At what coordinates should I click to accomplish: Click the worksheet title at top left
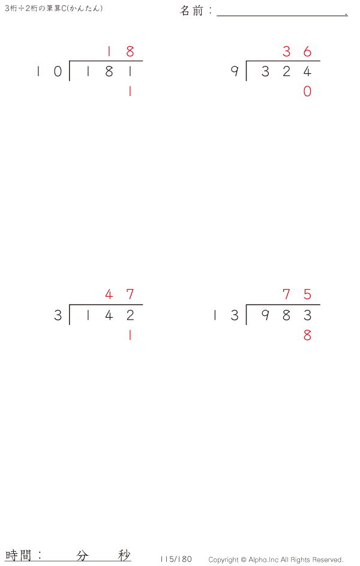point(53,8)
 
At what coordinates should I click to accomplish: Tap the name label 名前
point(193,11)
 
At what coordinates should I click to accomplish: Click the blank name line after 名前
point(281,12)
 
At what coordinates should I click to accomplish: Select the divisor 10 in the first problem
point(49,72)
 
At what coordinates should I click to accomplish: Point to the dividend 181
point(109,72)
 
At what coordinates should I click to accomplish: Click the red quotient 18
point(119,52)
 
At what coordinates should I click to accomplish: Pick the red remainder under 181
point(130,92)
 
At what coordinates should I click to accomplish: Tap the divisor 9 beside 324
point(235,72)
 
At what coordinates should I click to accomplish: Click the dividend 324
point(286,72)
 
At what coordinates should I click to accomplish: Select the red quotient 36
point(297,52)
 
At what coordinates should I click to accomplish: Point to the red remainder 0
point(307,92)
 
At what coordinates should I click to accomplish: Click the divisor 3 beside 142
point(58,315)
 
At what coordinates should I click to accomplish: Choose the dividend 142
point(109,315)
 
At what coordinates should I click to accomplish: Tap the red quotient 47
point(119,295)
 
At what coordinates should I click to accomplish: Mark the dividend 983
point(286,315)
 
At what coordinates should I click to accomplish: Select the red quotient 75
point(297,295)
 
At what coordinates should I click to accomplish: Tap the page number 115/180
point(176,559)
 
